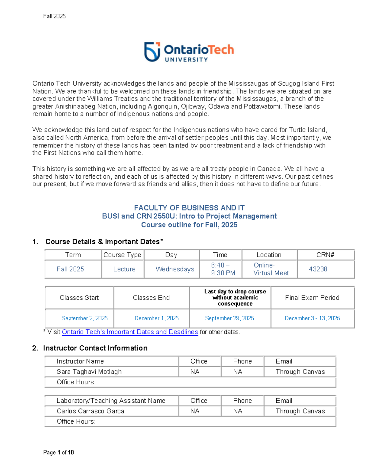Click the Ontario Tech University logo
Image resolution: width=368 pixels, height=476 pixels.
click(x=189, y=52)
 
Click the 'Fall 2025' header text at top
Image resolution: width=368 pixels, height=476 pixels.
click(x=54, y=16)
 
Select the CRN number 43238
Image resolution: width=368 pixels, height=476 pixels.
click(x=318, y=269)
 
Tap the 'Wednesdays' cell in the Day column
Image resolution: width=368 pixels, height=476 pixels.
click(x=175, y=269)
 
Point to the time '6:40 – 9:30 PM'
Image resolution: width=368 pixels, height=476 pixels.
click(x=223, y=269)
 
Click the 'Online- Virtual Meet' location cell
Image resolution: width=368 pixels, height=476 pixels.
click(x=271, y=269)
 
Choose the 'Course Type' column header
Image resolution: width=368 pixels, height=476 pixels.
click(x=122, y=255)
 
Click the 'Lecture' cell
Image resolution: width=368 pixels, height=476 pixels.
click(x=124, y=269)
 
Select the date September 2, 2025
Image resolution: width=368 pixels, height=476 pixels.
click(x=84, y=318)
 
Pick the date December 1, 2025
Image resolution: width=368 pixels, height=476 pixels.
click(x=156, y=318)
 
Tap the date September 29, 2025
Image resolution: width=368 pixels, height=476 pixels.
click(x=229, y=318)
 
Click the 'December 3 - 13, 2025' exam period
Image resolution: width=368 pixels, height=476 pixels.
click(x=312, y=318)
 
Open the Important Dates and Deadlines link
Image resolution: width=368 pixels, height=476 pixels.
click(x=130, y=332)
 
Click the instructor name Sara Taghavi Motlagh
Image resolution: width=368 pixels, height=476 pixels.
click(x=89, y=371)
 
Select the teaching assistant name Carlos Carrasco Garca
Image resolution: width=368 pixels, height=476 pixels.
click(x=90, y=411)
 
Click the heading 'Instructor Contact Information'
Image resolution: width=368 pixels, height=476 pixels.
click(x=95, y=348)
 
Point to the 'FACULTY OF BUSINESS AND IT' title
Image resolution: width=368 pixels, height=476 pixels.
click(x=189, y=208)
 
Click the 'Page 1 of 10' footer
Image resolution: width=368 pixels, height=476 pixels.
click(x=59, y=452)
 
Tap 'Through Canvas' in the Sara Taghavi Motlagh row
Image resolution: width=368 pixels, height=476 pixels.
click(x=300, y=371)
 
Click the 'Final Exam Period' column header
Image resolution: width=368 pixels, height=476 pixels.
click(x=312, y=298)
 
